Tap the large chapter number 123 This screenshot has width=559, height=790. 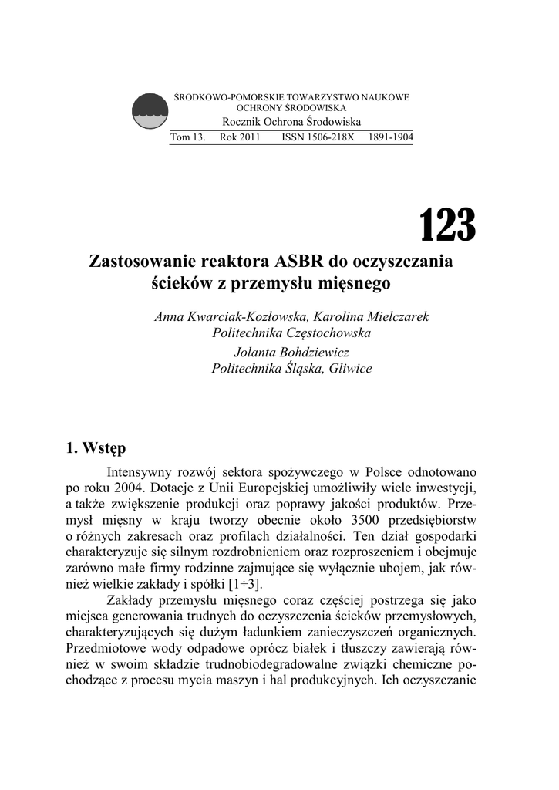pos(447,225)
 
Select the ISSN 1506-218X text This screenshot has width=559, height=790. pos(318,137)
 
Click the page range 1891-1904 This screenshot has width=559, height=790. pos(391,137)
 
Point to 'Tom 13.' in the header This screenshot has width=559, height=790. pos(187,137)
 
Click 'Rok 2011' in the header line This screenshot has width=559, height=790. pos(239,137)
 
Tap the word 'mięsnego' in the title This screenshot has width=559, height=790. pos(356,283)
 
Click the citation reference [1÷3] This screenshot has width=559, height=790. pos(244,585)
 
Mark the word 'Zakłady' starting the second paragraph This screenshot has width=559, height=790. pos(132,601)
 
